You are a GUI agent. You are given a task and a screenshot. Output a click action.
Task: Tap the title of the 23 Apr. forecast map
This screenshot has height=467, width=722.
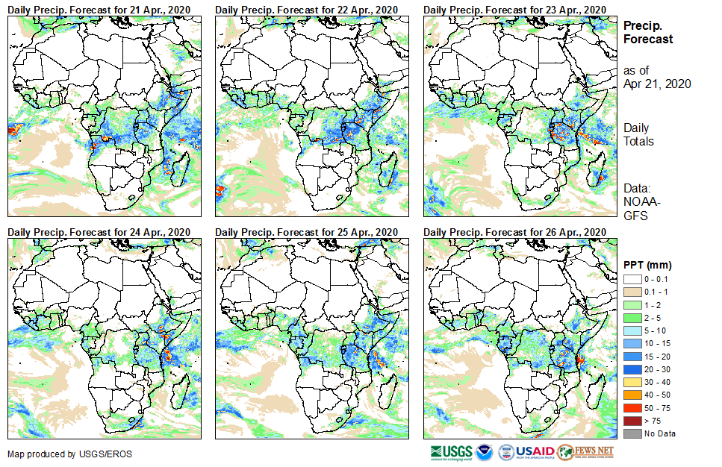tap(514, 9)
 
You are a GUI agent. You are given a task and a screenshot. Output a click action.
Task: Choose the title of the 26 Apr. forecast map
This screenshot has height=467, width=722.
tap(514, 232)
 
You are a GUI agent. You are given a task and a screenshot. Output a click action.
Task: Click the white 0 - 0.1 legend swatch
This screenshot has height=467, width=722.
tap(632, 279)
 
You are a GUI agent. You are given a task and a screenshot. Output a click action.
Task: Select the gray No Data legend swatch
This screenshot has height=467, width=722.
tap(632, 434)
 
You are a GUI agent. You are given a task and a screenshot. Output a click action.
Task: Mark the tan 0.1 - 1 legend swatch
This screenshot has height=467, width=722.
tap(632, 291)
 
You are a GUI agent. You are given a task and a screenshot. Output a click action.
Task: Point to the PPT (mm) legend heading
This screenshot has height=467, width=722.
tap(647, 265)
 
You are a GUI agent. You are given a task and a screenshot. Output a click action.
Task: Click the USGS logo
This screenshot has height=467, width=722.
tap(451, 452)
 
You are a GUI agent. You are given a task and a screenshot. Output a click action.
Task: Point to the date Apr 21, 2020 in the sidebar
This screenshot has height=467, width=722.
tap(657, 84)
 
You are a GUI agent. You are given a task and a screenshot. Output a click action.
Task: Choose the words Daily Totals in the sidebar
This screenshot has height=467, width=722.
tap(638, 134)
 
